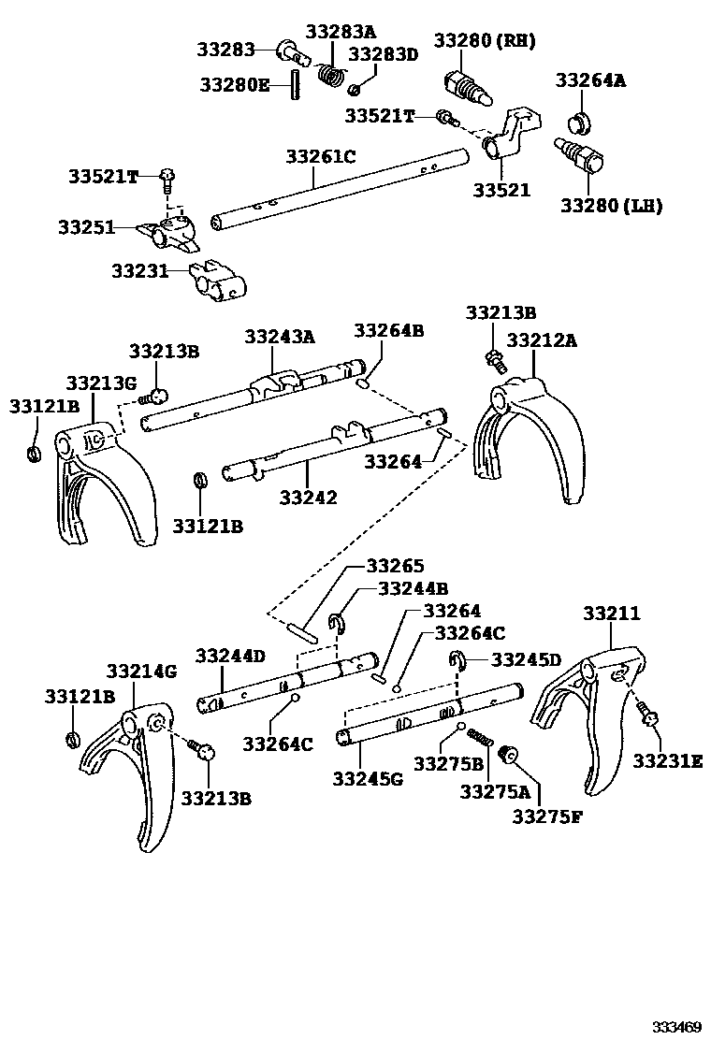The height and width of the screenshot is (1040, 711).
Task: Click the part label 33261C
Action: (x=321, y=157)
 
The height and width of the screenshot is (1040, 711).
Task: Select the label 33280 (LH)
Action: (x=610, y=205)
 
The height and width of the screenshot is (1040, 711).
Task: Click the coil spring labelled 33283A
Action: (x=328, y=73)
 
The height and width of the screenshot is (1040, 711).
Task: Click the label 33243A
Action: (x=280, y=336)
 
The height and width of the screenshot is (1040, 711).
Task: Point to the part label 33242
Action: (x=307, y=498)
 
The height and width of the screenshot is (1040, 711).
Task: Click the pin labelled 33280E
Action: (x=295, y=83)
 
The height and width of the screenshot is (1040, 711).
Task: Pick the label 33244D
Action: (x=230, y=656)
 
